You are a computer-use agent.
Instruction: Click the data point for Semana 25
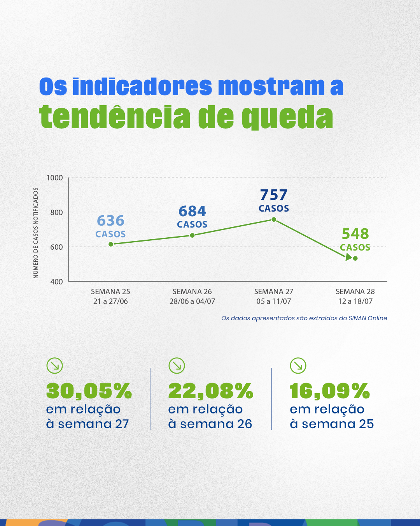click(x=111, y=244)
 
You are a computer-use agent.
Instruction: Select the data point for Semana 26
click(x=192, y=235)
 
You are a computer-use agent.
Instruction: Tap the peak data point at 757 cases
click(x=274, y=219)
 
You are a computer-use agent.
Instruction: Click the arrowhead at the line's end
click(x=348, y=258)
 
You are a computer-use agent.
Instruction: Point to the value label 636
click(x=110, y=221)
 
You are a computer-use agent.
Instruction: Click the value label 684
click(x=192, y=211)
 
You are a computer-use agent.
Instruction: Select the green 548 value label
click(x=355, y=234)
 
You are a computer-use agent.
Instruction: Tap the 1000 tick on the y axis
click(x=55, y=178)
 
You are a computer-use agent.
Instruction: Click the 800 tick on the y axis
click(x=57, y=212)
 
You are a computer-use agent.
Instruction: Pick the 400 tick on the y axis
click(x=57, y=282)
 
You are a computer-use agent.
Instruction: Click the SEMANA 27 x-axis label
click(x=273, y=291)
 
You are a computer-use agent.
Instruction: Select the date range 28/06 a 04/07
click(x=192, y=301)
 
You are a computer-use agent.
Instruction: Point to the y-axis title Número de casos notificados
click(x=36, y=233)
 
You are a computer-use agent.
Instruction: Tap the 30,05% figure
click(x=89, y=391)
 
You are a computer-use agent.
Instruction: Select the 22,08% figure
click(x=211, y=391)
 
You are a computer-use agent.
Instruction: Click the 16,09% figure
click(x=330, y=391)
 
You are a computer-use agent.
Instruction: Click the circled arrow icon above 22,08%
click(x=177, y=365)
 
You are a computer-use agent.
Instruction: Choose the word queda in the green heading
click(x=287, y=117)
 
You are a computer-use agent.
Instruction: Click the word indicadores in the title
click(x=142, y=86)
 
